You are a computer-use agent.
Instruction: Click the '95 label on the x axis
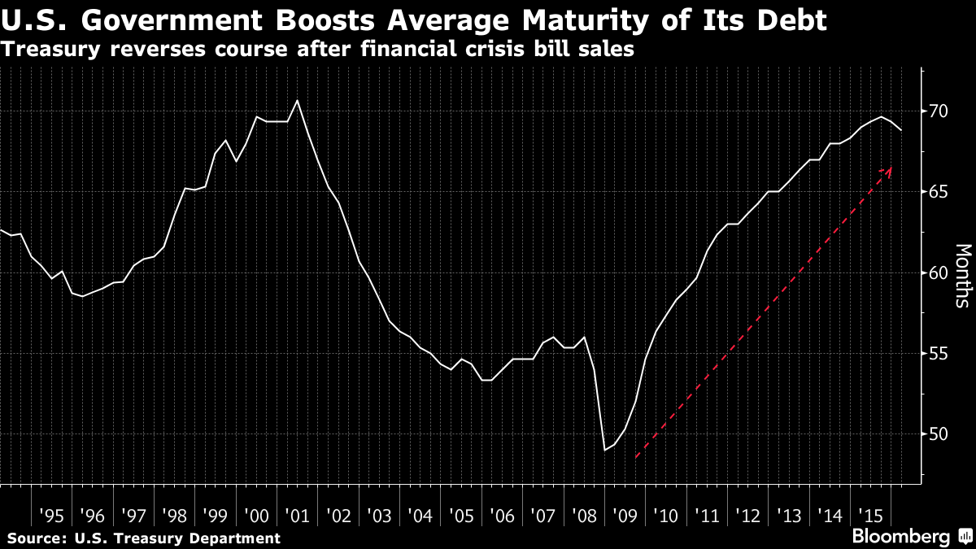[x=51, y=516]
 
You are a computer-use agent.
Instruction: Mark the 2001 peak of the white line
[x=297, y=101]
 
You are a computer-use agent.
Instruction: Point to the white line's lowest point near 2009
[x=604, y=450]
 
